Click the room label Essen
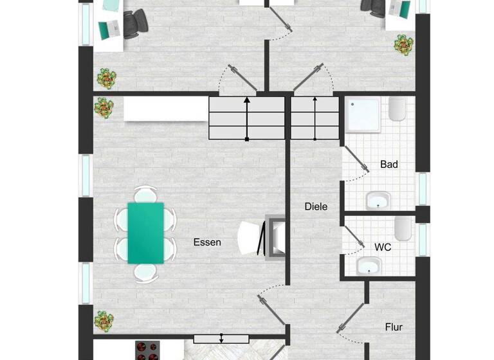coord(207,242)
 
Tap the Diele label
coord(316,206)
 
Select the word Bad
coord(389,165)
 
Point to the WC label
coord(383,246)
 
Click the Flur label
coord(394,327)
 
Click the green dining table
coord(145,233)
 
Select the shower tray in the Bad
coord(364,114)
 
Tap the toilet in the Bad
coord(397,111)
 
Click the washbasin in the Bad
coord(378,201)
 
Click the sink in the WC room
coord(370,265)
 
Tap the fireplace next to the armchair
coord(277,237)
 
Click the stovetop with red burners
coord(148,350)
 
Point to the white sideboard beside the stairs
coord(166,109)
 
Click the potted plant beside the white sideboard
coord(104,107)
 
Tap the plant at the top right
coord(403,44)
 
